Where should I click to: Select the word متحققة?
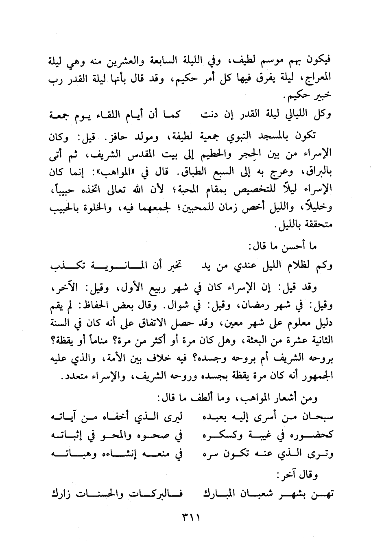click(318, 225)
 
